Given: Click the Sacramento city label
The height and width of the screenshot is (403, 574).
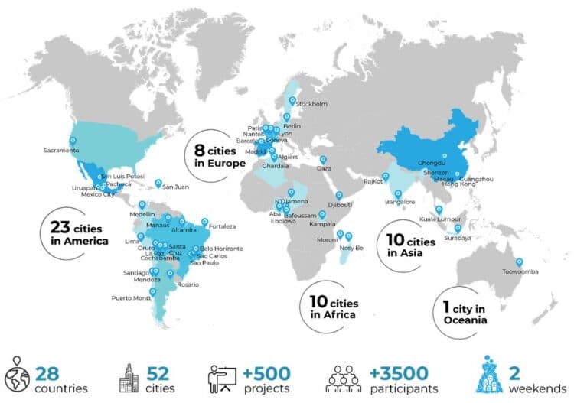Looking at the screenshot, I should (60, 151).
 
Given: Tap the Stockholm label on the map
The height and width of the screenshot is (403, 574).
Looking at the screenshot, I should (311, 104).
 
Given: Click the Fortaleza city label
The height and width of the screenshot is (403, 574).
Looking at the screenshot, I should (223, 226).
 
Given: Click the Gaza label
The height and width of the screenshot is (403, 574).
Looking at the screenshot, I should (325, 167).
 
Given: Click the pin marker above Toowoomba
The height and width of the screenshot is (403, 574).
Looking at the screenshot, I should (520, 262).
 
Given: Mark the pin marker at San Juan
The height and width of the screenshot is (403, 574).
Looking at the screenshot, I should (158, 183).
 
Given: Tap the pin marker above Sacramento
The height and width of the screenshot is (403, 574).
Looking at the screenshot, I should (73, 140).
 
